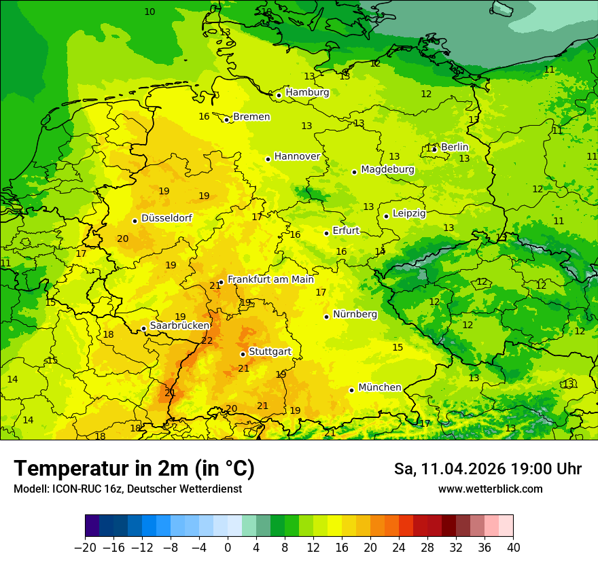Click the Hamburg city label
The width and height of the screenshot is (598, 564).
point(307,92)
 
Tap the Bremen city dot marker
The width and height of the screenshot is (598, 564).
point(227,120)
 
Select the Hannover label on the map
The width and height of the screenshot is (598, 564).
point(297,156)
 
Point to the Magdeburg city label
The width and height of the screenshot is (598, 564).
point(387,169)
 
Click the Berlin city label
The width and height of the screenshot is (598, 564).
point(455,147)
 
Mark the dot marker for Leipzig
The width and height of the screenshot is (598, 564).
point(386,216)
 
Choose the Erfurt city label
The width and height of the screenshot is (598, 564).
point(346,230)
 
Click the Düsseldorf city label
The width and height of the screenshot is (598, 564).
point(166,218)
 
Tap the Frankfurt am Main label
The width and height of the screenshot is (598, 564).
point(270,279)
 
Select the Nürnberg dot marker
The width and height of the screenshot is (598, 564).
point(327,317)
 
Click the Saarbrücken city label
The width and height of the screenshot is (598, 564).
point(179,325)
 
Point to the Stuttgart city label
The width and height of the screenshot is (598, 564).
point(270,351)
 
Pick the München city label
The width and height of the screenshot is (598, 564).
point(379,387)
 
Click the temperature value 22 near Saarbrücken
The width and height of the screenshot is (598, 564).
point(207,340)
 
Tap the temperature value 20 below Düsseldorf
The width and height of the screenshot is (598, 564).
point(123,239)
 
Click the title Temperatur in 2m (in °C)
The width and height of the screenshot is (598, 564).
point(134,468)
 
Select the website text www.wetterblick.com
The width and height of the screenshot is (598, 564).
point(490,489)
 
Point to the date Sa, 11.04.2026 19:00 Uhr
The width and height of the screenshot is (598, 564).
point(487,469)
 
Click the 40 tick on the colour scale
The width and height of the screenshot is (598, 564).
point(513,547)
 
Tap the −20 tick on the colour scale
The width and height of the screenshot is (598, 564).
point(85,547)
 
